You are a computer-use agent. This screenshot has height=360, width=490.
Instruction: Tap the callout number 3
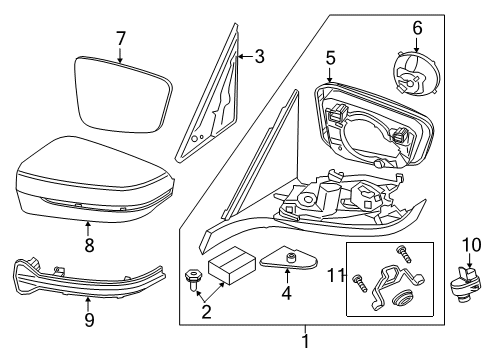coord(258,56)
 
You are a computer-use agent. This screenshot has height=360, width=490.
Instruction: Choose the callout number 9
coord(89,320)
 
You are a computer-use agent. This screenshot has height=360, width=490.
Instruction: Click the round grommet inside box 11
coord(405,299)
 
